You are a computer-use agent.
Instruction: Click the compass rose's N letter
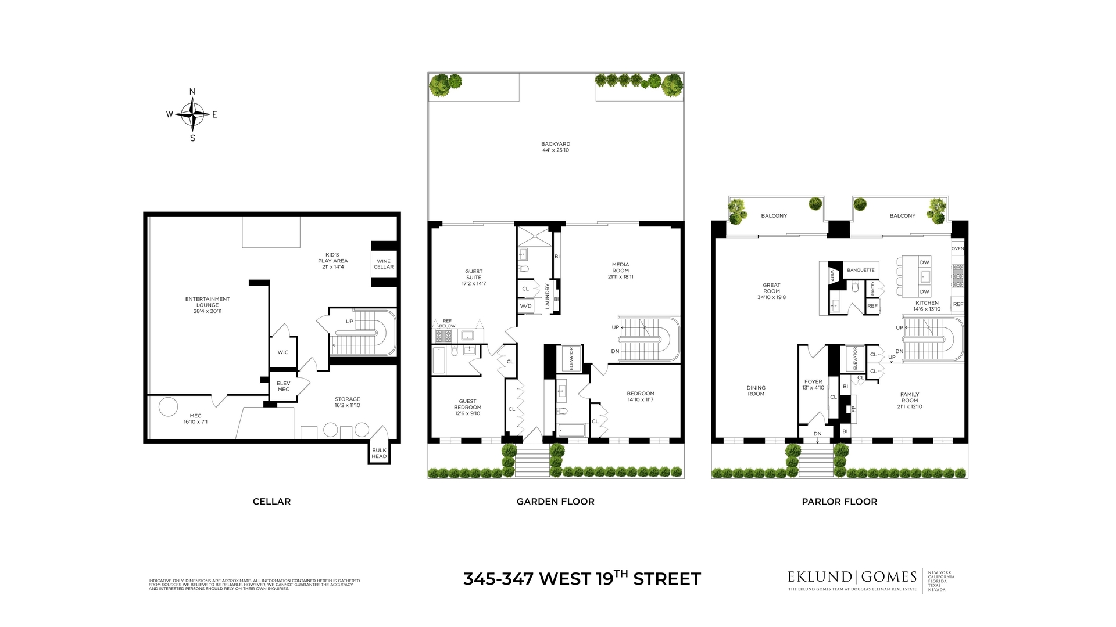tap(192, 92)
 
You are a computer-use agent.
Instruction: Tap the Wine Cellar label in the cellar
tap(384, 264)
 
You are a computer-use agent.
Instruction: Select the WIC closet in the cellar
tap(283, 352)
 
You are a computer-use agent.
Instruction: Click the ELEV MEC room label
tap(284, 386)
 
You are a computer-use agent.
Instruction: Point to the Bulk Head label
tap(379, 453)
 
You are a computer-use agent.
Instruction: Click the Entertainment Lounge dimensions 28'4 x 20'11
tap(208, 311)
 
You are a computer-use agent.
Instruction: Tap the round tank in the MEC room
tap(169, 406)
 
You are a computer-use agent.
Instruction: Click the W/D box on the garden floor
tap(525, 306)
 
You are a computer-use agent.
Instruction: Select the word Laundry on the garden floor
tap(547, 296)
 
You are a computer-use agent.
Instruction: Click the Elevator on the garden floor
tap(571, 359)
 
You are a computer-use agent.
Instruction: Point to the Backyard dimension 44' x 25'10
tap(556, 150)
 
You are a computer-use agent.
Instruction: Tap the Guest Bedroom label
tap(467, 404)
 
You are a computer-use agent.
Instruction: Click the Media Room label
tap(620, 268)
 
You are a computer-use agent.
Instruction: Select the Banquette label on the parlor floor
tap(861, 270)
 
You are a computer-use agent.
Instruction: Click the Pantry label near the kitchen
tap(872, 289)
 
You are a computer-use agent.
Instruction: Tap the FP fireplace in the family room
tap(853, 409)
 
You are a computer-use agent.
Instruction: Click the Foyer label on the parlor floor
tap(813, 382)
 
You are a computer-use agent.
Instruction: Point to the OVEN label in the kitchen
tap(957, 248)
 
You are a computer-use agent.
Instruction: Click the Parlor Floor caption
tap(839, 502)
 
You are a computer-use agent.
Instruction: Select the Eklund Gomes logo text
tap(852, 577)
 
